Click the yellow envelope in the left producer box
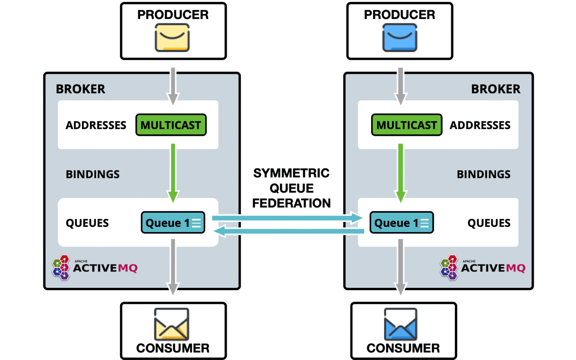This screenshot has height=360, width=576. click(x=172, y=37)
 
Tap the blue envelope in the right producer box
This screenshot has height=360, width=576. click(x=399, y=37)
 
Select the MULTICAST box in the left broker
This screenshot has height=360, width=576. click(x=171, y=125)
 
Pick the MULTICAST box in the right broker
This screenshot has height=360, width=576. click(x=406, y=125)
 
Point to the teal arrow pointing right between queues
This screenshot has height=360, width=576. click(x=288, y=218)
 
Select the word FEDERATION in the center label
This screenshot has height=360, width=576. click(x=291, y=203)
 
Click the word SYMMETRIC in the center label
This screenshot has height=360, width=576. click(x=291, y=173)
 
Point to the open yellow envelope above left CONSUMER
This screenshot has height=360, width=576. click(x=172, y=324)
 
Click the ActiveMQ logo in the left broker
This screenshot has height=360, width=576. click(x=95, y=267)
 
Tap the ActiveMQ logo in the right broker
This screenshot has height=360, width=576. click(x=483, y=267)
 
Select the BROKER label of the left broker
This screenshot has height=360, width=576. click(x=81, y=89)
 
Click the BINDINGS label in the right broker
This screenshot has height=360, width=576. click(x=483, y=174)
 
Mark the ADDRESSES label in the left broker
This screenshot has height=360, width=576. click(x=96, y=125)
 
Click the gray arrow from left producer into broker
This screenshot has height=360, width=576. click(x=173, y=85)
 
